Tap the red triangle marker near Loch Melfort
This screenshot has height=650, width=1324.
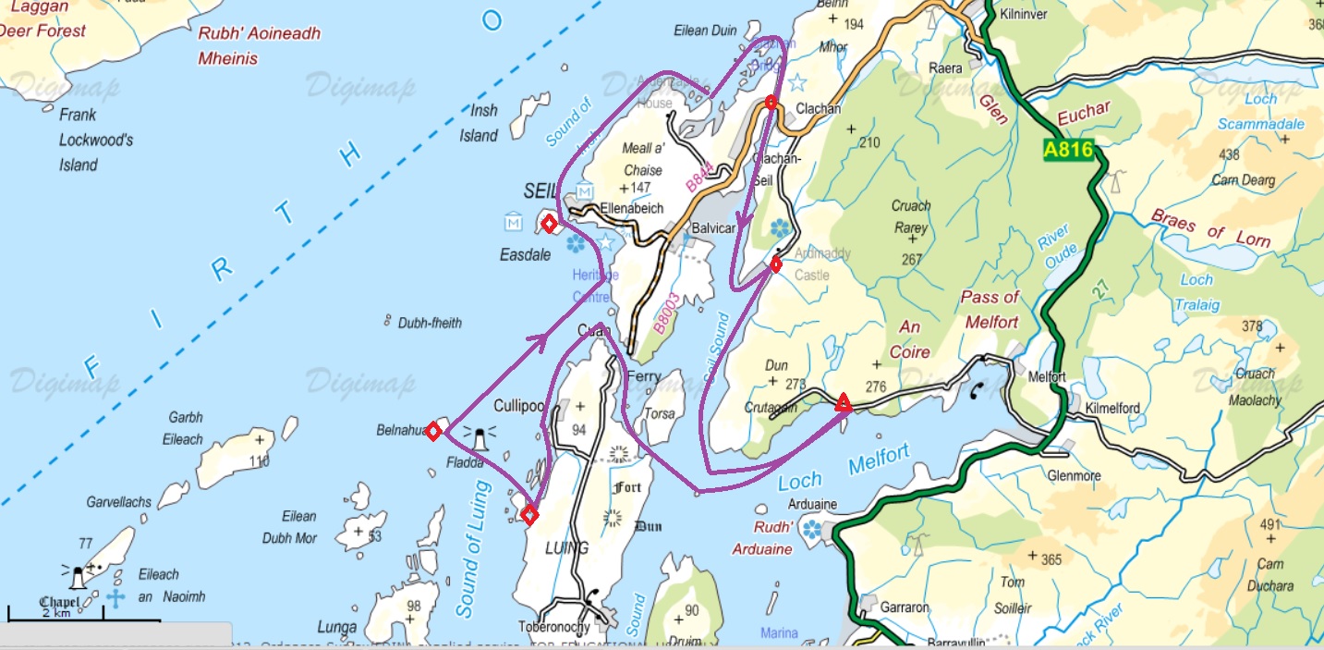point(843,403)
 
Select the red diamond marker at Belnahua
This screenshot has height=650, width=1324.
point(433,431)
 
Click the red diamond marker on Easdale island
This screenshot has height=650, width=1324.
point(549,224)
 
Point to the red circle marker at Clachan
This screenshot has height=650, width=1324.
point(771,102)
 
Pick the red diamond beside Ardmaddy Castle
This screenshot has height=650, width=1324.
point(776,265)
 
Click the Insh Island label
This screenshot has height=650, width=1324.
point(480,123)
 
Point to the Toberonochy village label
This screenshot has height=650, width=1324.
point(553,627)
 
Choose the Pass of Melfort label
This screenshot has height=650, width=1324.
point(990,310)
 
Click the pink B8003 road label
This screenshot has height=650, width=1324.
point(666,313)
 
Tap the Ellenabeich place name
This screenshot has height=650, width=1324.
point(631,209)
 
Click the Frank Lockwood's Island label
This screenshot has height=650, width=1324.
point(95,141)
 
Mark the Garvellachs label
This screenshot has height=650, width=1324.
point(119,503)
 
